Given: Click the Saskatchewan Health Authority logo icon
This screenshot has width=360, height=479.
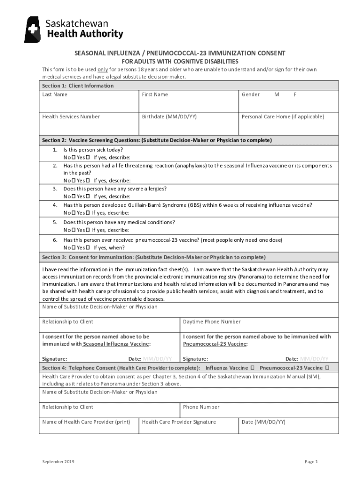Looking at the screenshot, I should pyautogui.click(x=33, y=29).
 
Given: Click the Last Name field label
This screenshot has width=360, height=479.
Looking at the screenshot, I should pyautogui.click(x=55, y=94).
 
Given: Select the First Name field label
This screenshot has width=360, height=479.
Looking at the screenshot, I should pyautogui.click(x=155, y=94).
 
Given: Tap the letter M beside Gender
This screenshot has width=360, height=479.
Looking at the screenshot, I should pyautogui.click(x=277, y=94).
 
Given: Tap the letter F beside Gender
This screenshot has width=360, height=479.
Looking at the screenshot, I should pyautogui.click(x=295, y=94).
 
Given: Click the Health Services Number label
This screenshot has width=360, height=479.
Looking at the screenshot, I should pyautogui.click(x=71, y=117).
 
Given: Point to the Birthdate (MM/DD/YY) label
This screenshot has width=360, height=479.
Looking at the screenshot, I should pyautogui.click(x=169, y=117).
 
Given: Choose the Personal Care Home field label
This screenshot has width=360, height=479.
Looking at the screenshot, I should pyautogui.click(x=282, y=117).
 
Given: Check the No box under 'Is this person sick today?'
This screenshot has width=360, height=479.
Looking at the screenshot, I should pyautogui.click(x=73, y=158).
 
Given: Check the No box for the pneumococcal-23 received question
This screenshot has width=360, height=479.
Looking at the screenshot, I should pyautogui.click(x=73, y=248).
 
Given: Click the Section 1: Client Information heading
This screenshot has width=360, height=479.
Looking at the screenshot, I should pyautogui.click(x=78, y=86).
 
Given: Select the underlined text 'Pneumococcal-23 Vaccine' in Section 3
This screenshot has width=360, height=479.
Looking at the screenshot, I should pyautogui.click(x=215, y=344).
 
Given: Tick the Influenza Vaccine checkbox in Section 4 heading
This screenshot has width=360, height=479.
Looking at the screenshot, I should pyautogui.click(x=252, y=368).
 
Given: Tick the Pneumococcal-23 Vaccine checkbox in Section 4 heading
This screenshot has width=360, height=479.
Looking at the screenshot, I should pyautogui.click(x=327, y=368).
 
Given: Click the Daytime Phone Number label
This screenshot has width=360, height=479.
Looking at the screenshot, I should pyautogui.click(x=212, y=322).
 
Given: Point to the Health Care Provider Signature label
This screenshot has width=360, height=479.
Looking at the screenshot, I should pyautogui.click(x=179, y=422).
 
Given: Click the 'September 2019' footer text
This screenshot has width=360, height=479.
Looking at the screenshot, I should pyautogui.click(x=58, y=462).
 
